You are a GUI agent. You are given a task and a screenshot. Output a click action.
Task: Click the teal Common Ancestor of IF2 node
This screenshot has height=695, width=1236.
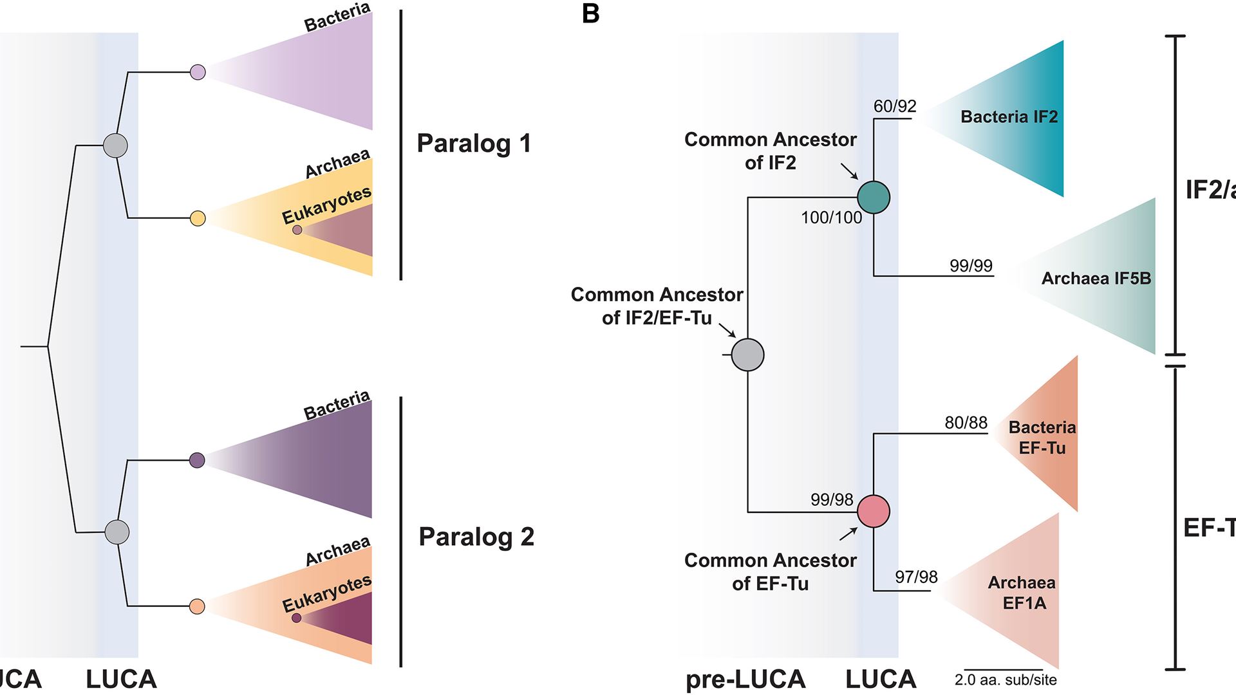click(874, 197)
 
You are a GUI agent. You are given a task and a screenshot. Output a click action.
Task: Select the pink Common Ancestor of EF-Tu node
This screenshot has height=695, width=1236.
click(874, 511)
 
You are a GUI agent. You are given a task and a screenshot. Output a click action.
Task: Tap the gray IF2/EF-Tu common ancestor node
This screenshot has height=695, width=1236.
click(748, 355)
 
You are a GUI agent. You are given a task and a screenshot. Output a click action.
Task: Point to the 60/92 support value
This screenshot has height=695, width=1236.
click(895, 106)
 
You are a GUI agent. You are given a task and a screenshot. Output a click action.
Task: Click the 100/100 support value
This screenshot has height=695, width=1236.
click(831, 218)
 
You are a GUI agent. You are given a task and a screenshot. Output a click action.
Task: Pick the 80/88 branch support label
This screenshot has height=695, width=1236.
click(966, 422)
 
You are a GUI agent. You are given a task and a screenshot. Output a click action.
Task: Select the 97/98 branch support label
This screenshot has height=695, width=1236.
click(916, 577)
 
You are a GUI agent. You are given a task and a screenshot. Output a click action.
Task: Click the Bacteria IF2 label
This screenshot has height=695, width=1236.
click(1009, 116)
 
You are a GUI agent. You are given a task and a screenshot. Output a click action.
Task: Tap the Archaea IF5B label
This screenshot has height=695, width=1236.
click(1096, 278)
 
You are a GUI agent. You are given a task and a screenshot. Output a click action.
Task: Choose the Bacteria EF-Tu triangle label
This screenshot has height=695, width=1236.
click(1042, 438)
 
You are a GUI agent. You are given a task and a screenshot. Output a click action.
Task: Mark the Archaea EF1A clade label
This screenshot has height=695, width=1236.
click(1022, 593)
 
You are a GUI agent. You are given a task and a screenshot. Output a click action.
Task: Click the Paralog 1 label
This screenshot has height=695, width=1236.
click(474, 143)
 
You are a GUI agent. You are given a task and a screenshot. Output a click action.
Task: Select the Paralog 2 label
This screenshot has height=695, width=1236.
click(476, 536)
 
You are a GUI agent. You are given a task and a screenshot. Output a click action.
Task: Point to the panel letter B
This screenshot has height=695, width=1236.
click(590, 14)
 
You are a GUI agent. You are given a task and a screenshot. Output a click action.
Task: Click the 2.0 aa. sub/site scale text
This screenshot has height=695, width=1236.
click(1005, 680)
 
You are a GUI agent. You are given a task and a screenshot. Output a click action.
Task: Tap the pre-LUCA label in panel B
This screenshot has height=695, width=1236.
click(745, 679)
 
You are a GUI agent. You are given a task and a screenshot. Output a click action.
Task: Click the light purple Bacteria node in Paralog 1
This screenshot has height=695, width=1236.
click(198, 72)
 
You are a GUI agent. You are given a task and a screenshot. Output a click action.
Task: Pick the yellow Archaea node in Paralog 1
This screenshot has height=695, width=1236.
click(198, 218)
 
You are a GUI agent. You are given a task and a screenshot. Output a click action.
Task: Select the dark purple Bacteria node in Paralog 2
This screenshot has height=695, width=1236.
click(198, 460)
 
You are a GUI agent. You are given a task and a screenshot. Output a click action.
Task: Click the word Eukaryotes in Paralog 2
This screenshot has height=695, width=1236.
click(326, 593)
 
